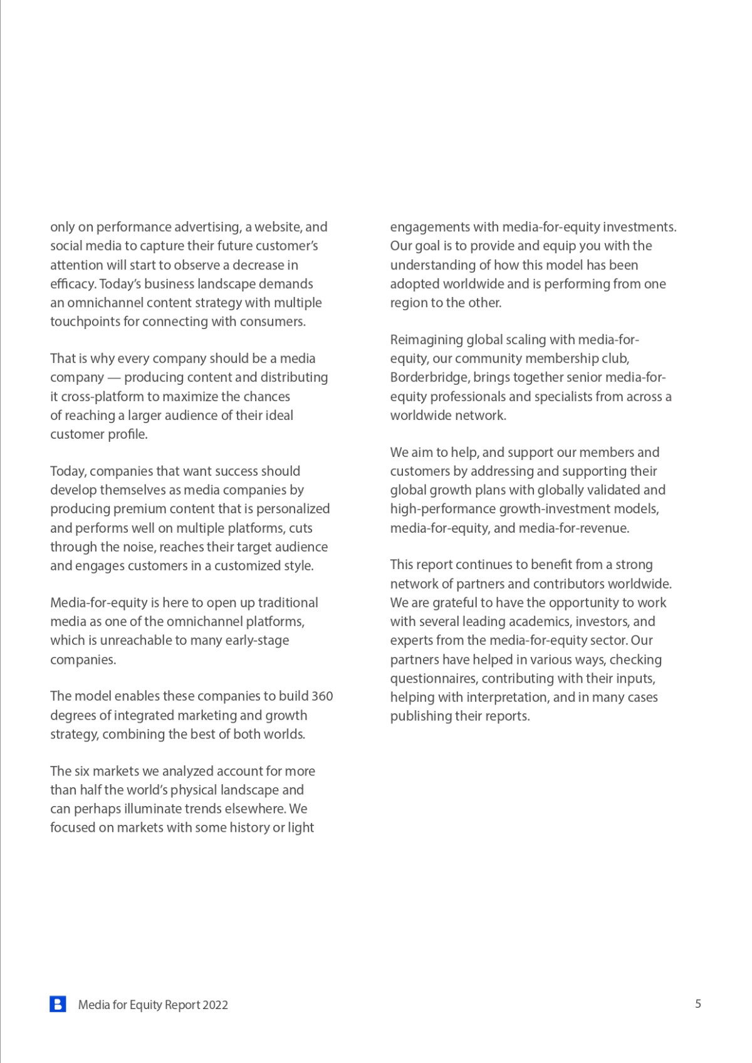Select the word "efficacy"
73,284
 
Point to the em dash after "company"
114,377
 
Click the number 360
322,696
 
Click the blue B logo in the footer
58,1004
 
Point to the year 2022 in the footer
215,1005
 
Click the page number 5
698,1003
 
